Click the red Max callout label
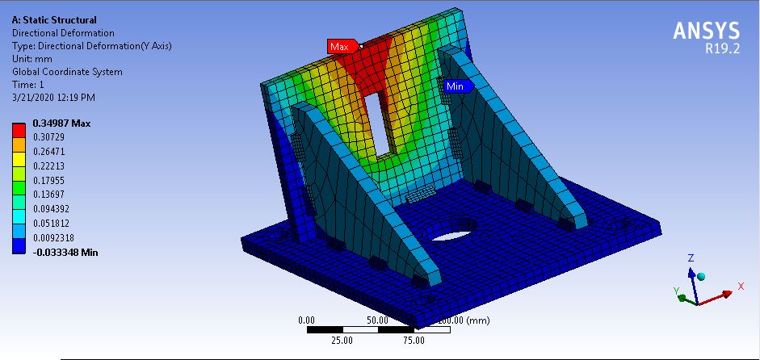(x=340, y=47)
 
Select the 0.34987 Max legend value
(x=61, y=123)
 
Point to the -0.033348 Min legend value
(x=65, y=252)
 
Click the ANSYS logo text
(x=707, y=31)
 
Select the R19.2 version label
(x=721, y=49)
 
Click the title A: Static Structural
(x=54, y=19)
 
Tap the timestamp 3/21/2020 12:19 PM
(x=53, y=98)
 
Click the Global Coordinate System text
(x=67, y=72)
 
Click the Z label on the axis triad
(x=691, y=258)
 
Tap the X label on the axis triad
(x=741, y=287)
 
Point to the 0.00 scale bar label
(x=307, y=320)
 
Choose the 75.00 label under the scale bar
(x=414, y=340)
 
